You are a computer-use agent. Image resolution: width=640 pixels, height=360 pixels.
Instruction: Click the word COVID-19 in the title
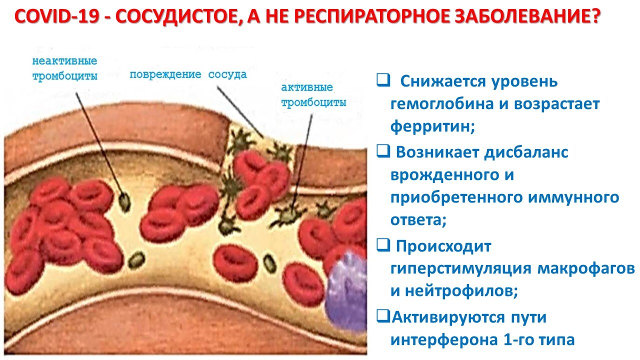(x=57, y=16)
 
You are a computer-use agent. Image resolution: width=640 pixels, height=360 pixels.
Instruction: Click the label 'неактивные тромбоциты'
(x=65, y=68)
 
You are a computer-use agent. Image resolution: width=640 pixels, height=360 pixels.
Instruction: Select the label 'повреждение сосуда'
(x=188, y=74)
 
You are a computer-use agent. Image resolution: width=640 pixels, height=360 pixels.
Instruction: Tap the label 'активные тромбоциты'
(x=313, y=95)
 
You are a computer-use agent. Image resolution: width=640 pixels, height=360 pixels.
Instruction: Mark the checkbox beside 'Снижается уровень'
(x=383, y=80)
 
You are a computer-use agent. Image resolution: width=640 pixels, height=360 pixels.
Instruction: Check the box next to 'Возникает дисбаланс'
(x=383, y=151)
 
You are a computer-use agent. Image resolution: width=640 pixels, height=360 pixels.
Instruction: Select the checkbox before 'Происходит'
(x=383, y=245)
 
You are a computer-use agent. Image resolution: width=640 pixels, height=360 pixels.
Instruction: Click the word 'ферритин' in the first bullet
(x=430, y=125)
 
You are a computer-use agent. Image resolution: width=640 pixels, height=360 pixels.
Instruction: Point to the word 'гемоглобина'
(x=442, y=103)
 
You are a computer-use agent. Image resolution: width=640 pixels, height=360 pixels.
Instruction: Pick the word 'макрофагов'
(x=586, y=268)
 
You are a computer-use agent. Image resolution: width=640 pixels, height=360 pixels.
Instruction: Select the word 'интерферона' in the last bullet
(x=444, y=340)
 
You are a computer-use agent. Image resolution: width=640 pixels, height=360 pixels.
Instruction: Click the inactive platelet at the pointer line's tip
(x=124, y=201)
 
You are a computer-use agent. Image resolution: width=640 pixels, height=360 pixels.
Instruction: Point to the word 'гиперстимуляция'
(x=461, y=268)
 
